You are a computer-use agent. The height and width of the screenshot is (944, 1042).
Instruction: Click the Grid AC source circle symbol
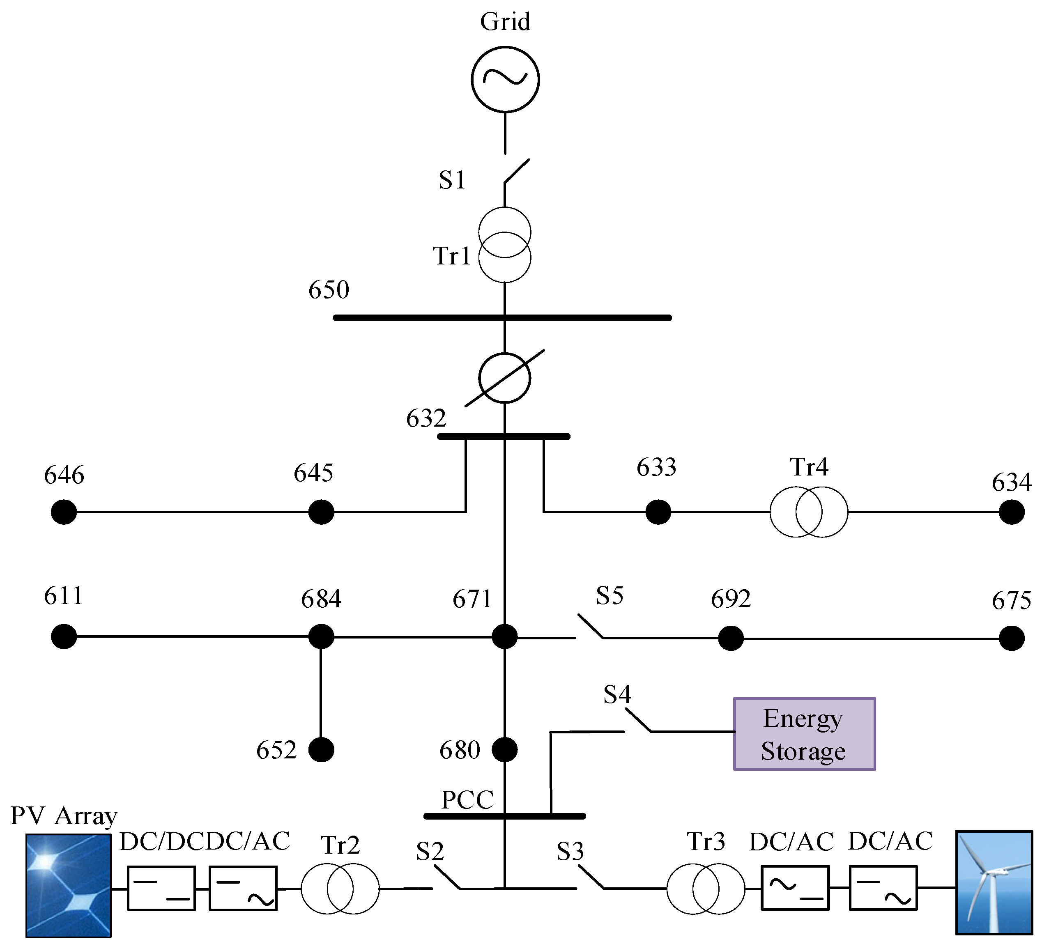tap(505, 79)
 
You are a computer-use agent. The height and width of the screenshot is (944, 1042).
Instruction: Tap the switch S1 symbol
tap(516, 171)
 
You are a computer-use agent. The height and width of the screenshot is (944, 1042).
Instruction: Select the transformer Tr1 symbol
tap(504, 244)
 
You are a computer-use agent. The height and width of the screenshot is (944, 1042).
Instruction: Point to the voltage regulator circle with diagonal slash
tap(504, 378)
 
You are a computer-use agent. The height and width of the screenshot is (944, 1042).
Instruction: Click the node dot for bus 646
tap(64, 512)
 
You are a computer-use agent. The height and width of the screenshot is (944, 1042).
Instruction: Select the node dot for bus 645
tap(321, 512)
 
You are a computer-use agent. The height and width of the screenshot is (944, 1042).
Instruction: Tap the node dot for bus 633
tap(658, 512)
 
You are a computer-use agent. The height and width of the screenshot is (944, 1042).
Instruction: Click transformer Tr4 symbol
tap(808, 512)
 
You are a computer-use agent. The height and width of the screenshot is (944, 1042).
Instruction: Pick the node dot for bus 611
tap(64, 636)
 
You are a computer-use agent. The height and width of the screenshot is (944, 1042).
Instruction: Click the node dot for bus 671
tap(504, 636)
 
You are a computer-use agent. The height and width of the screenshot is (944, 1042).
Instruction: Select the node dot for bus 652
tap(321, 749)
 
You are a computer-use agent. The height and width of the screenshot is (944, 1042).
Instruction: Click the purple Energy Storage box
tap(804, 734)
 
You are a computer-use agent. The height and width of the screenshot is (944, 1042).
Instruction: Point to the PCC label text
tap(467, 800)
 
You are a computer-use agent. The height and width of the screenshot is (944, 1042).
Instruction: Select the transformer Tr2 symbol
tap(340, 889)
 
